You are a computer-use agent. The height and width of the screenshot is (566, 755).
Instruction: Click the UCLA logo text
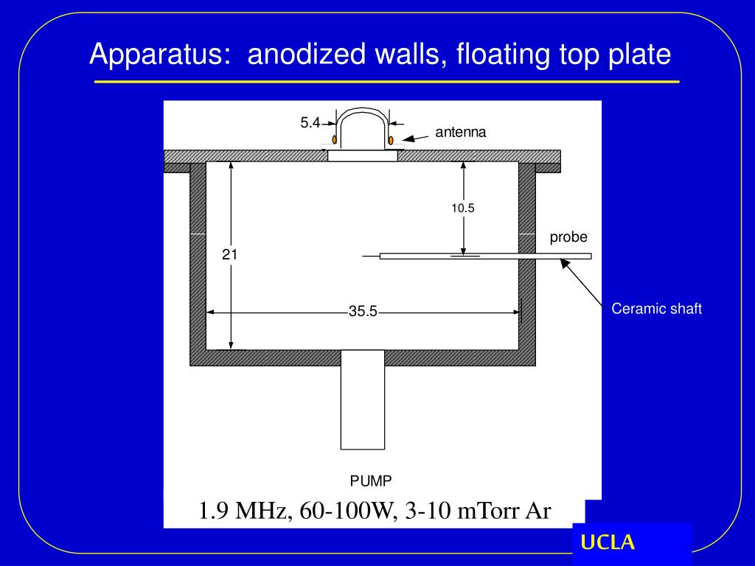click(608, 543)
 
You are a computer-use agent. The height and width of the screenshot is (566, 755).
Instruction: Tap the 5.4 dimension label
click(309, 124)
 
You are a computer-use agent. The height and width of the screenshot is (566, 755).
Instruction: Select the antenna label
click(461, 133)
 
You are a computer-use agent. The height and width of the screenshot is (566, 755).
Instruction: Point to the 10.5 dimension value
click(463, 209)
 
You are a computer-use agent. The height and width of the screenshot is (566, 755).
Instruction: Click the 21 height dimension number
click(230, 255)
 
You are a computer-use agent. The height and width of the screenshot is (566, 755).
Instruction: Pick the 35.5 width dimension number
click(363, 312)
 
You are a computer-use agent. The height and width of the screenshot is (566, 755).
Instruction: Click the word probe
click(568, 237)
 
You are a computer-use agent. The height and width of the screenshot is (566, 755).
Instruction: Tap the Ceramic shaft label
click(656, 309)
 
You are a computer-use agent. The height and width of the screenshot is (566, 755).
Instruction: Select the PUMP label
click(371, 481)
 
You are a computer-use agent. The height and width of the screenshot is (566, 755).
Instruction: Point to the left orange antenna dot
click(335, 139)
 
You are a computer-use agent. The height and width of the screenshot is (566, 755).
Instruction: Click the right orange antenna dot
click(391, 139)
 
